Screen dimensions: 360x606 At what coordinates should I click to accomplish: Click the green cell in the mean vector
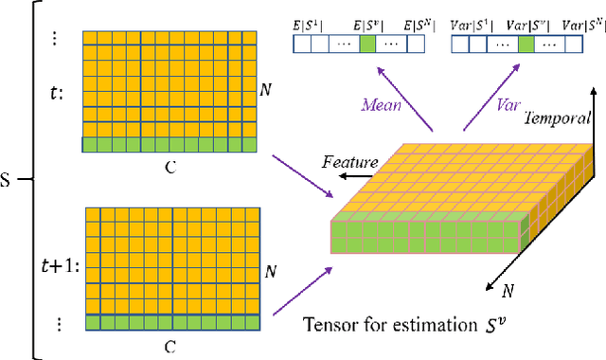pyautogui.click(x=367, y=43)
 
